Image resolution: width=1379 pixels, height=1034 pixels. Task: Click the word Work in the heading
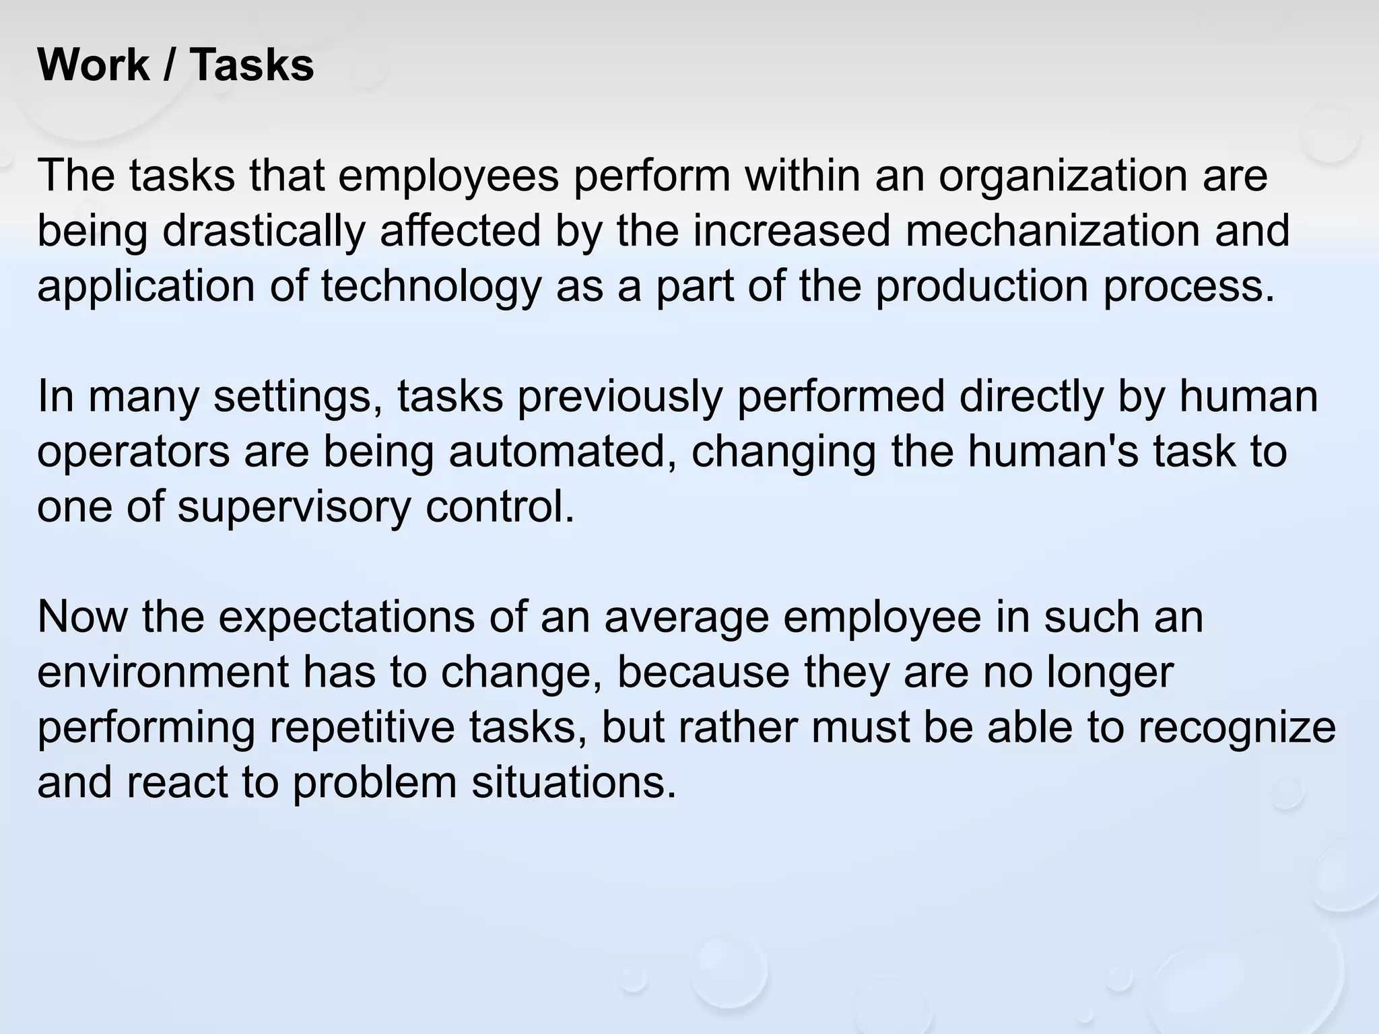click(94, 65)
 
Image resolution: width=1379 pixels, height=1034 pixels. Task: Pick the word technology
click(431, 287)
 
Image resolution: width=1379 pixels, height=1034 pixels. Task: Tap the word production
click(981, 287)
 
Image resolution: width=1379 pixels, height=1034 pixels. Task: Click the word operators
click(133, 452)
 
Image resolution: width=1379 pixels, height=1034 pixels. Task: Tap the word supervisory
click(294, 507)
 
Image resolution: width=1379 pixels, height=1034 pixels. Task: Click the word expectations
click(346, 617)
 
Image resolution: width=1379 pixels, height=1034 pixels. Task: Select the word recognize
click(1238, 728)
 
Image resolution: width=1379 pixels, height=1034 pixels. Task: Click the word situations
click(573, 783)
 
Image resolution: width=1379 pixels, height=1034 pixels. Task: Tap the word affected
click(460, 232)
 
